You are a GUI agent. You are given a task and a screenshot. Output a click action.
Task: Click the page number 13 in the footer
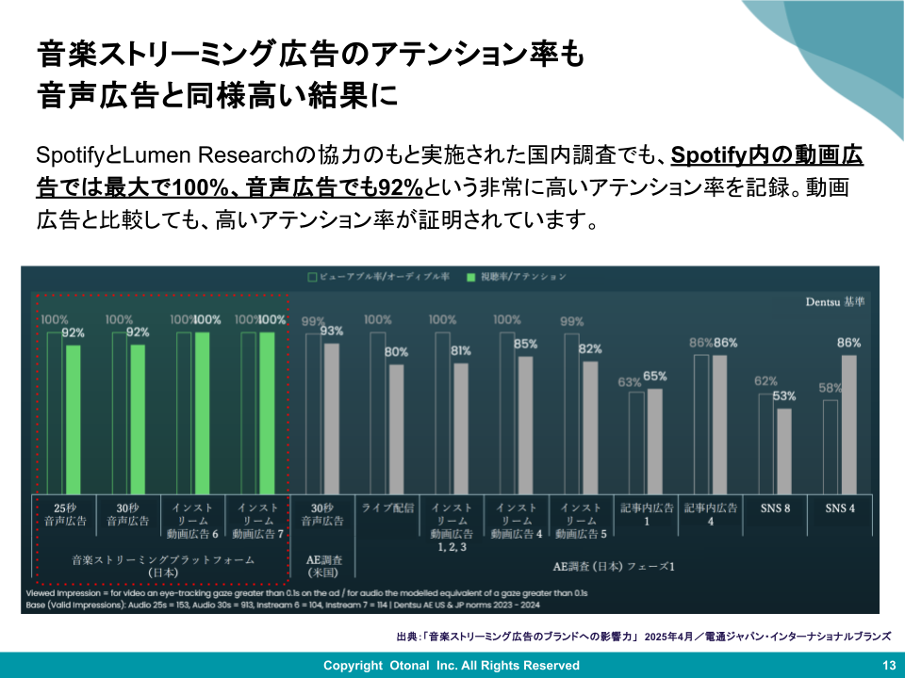(887, 666)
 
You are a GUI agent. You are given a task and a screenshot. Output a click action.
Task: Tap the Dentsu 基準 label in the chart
(834, 302)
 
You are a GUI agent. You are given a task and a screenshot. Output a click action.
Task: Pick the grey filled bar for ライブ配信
(396, 428)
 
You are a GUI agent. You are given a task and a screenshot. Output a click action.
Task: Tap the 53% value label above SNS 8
(784, 395)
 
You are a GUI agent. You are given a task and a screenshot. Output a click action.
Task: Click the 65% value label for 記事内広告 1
(655, 377)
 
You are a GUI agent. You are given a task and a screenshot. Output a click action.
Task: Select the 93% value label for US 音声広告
(332, 331)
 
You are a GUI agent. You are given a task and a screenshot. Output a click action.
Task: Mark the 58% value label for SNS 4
(831, 388)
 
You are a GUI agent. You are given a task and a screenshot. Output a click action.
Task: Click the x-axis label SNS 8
(775, 508)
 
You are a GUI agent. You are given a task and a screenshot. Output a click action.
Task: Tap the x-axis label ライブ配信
(387, 508)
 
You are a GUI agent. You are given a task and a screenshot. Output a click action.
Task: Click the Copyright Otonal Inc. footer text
(452, 666)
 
